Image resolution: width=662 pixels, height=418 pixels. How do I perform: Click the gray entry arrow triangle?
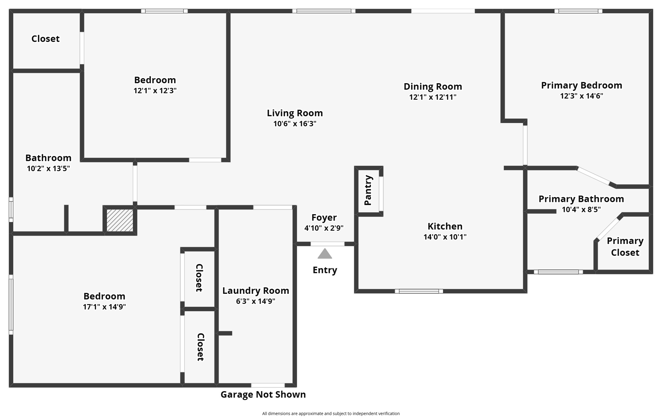(x=325, y=254)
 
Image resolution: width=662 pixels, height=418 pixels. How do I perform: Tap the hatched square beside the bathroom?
(x=120, y=220)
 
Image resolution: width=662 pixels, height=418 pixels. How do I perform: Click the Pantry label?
(x=368, y=190)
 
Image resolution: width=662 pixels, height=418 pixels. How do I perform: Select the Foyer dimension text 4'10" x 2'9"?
(x=324, y=228)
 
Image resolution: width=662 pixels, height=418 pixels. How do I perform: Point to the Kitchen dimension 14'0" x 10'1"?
(x=445, y=237)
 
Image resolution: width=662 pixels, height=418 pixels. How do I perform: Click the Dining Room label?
(x=433, y=86)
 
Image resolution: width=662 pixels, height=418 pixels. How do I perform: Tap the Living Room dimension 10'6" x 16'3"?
(x=295, y=124)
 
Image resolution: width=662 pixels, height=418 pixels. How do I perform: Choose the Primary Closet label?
(x=625, y=247)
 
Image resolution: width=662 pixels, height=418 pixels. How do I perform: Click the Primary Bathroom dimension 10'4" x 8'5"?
(x=581, y=209)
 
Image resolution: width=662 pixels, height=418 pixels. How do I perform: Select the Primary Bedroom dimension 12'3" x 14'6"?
(x=582, y=96)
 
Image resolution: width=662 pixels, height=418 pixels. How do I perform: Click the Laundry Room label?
(x=256, y=291)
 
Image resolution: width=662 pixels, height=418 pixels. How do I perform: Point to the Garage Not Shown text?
(x=263, y=394)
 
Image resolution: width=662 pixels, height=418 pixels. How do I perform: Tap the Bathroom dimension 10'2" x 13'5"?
(x=48, y=168)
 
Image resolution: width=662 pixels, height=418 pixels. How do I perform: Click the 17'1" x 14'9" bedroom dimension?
(x=104, y=307)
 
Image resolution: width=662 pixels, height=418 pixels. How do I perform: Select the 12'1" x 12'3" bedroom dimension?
(x=155, y=90)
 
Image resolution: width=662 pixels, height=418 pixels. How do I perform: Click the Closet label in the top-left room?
(x=46, y=39)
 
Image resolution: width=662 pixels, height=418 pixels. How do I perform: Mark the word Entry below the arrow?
(x=325, y=270)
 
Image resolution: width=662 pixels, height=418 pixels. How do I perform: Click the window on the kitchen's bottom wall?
(x=419, y=291)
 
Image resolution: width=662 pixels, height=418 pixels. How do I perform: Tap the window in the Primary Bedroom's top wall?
(x=578, y=11)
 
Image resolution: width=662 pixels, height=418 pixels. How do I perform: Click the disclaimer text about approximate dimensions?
(x=331, y=413)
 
